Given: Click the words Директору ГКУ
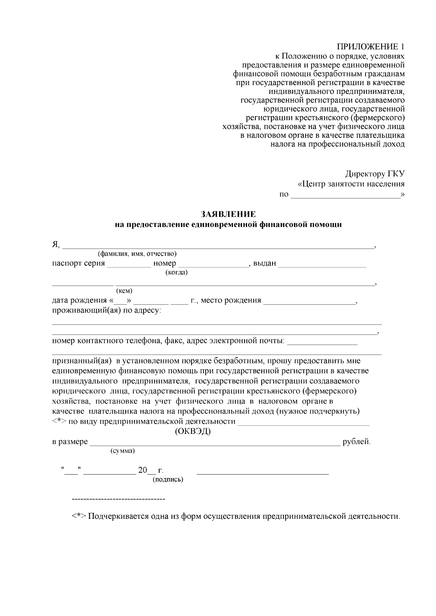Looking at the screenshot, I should [375, 174].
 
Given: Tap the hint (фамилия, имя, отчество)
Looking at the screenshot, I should [137, 253].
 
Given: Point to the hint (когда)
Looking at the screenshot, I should [176, 272].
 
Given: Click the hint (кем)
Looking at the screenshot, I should [124, 291].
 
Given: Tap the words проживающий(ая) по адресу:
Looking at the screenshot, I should [106, 311].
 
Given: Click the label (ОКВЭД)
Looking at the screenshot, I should [193, 432].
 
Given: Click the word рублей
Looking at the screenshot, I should [356, 442].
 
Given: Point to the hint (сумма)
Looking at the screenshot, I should [122, 451].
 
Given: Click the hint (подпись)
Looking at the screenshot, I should [168, 480].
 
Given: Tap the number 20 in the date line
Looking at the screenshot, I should [142, 470].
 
